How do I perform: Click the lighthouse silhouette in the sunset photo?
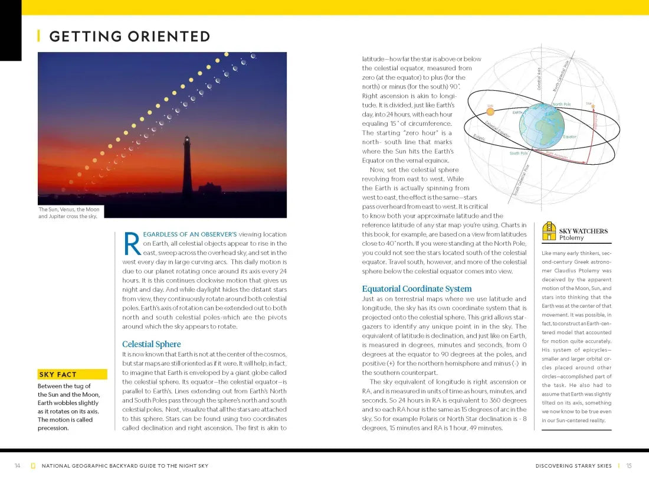[187, 168]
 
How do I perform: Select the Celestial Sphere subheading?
[151, 344]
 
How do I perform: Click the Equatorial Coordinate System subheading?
[417, 289]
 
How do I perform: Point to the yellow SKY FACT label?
[58, 374]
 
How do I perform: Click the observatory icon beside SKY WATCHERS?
[549, 231]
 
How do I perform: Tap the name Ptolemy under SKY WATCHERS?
[572, 237]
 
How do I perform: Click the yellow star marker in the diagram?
[593, 106]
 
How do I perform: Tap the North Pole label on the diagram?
[561, 105]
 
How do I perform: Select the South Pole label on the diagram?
[519, 154]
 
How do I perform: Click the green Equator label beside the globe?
[569, 137]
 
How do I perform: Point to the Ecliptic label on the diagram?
[479, 138]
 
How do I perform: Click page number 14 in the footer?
[18, 466]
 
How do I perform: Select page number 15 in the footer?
[629, 466]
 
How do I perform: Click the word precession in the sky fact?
[53, 428]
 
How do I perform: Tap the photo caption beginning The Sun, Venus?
[69, 213]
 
